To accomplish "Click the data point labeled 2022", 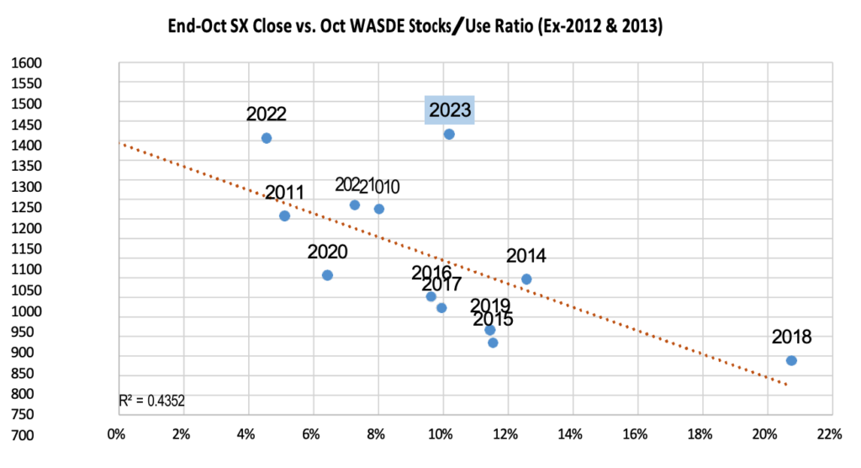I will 267,138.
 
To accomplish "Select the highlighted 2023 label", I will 451,110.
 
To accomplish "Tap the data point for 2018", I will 791,360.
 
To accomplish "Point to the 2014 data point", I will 526,279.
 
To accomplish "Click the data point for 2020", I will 327,275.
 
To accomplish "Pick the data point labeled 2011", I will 284,215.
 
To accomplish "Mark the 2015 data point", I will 493,343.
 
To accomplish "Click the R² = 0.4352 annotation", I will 151,402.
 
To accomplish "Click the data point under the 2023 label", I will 449,134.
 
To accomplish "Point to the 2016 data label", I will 431,273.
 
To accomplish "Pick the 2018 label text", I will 791,338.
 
